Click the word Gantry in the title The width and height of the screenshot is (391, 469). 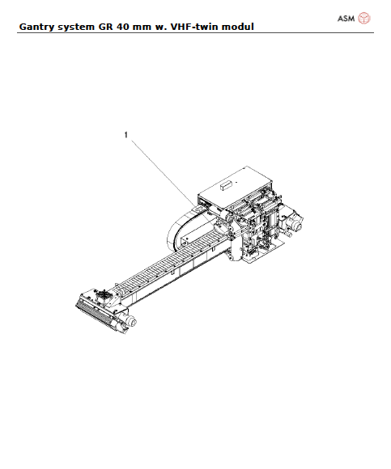click(x=36, y=27)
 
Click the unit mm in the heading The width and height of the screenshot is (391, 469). click(x=149, y=27)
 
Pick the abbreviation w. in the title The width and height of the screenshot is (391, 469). click(x=168, y=27)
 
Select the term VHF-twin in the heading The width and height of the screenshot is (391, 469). click(x=201, y=27)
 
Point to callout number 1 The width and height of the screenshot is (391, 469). click(x=125, y=135)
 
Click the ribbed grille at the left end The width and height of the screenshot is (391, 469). click(x=94, y=315)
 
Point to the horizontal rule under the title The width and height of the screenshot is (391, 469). click(x=195, y=33)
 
